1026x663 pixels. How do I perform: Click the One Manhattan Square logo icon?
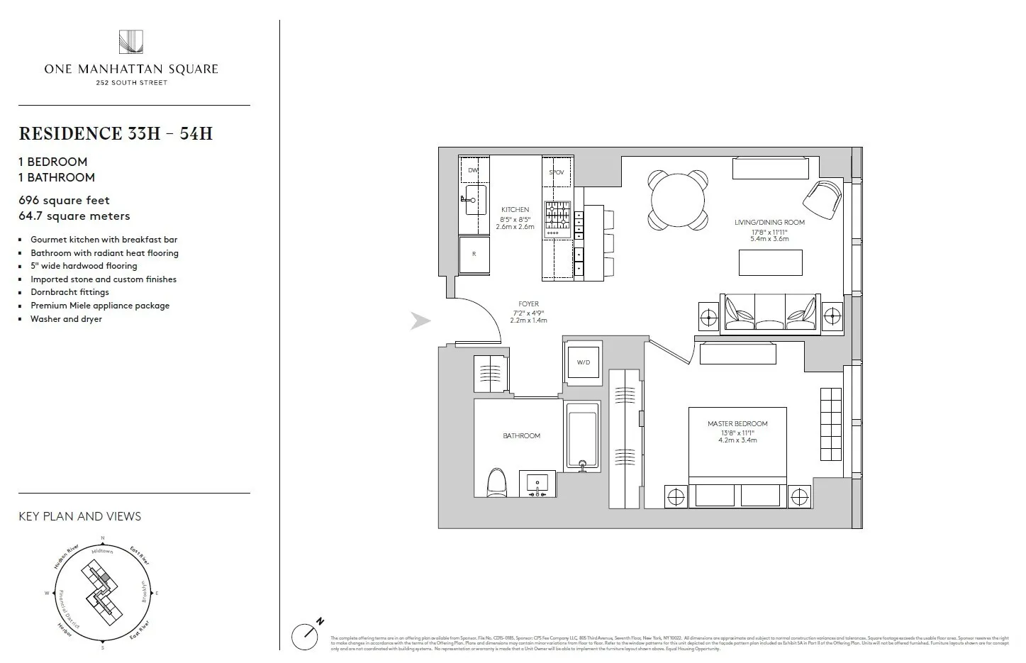pos(131,42)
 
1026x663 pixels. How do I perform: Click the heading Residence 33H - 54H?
pos(116,134)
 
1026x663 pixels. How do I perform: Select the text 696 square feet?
pos(65,201)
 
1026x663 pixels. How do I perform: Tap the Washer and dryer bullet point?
pos(66,319)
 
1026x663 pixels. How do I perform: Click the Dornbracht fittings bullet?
pos(69,292)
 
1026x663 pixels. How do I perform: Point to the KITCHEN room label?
pos(515,210)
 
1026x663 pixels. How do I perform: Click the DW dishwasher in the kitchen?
pos(473,171)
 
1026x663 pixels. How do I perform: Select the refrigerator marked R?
pos(474,254)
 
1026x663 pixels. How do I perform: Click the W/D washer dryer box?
pos(583,362)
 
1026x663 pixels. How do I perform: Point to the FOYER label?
pos(528,304)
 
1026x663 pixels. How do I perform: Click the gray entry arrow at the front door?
pos(420,322)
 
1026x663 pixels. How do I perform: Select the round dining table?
pos(679,200)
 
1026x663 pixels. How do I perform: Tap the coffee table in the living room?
pos(770,262)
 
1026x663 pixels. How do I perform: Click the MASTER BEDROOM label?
pos(737,424)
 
